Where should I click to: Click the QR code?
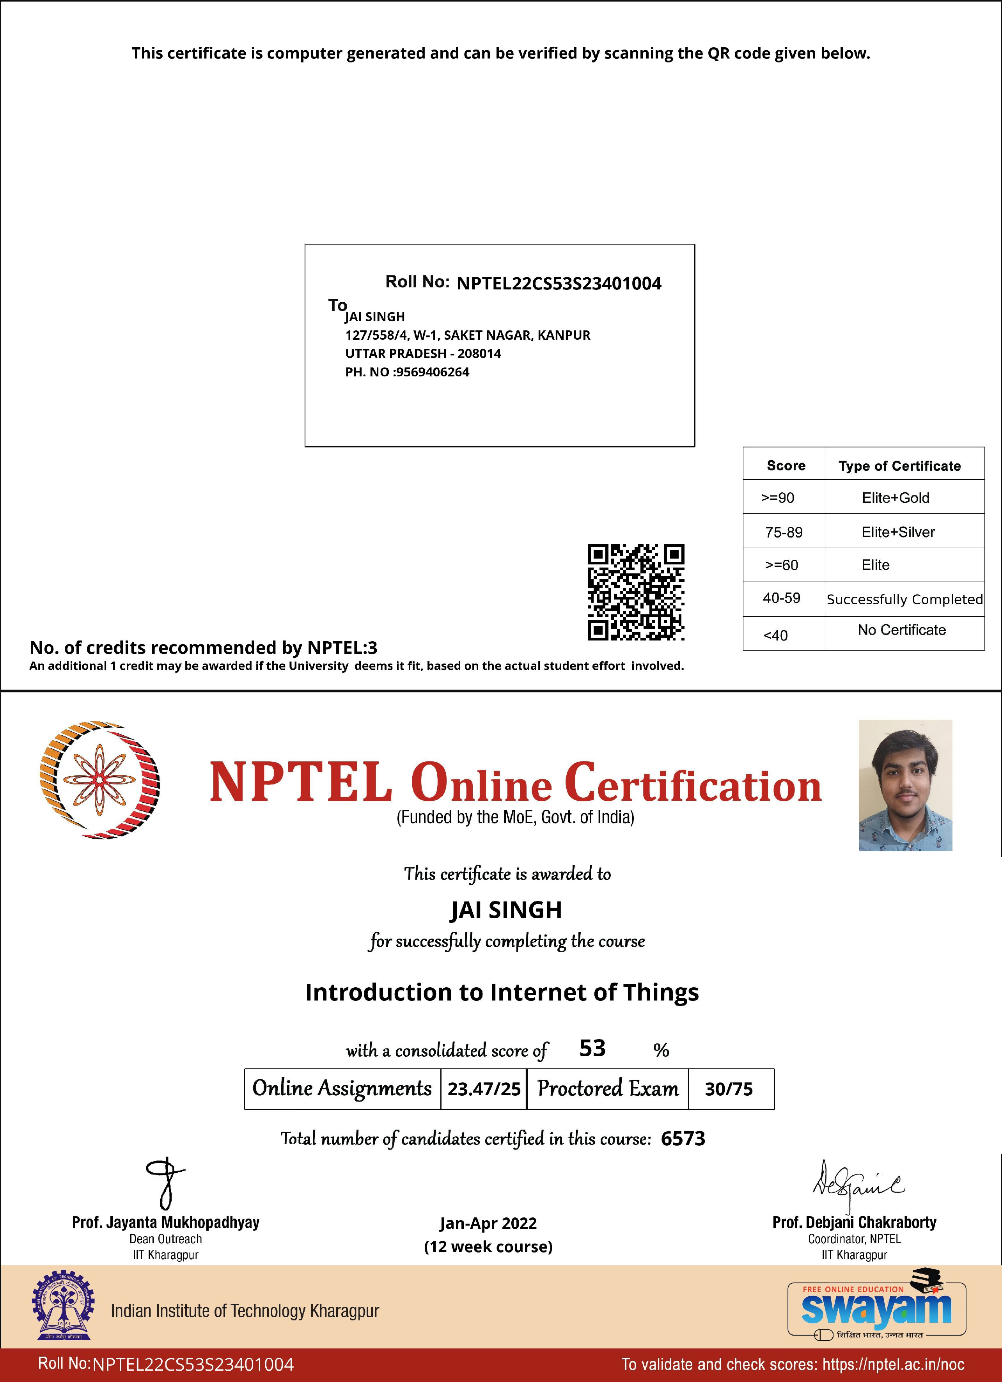pos(635,592)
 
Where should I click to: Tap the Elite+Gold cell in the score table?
pos(896,498)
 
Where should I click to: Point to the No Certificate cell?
pos(901,630)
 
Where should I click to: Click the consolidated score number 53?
pos(592,1048)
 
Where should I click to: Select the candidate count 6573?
pos(683,1138)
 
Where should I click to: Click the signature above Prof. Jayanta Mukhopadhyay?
pos(165,1183)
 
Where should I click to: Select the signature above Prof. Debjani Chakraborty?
pos(858,1185)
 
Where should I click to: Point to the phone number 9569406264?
pos(433,372)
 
